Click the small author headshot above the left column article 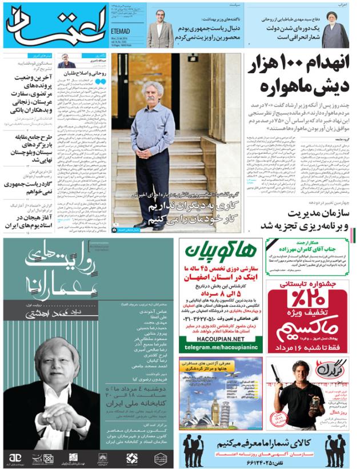tap(66, 61)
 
